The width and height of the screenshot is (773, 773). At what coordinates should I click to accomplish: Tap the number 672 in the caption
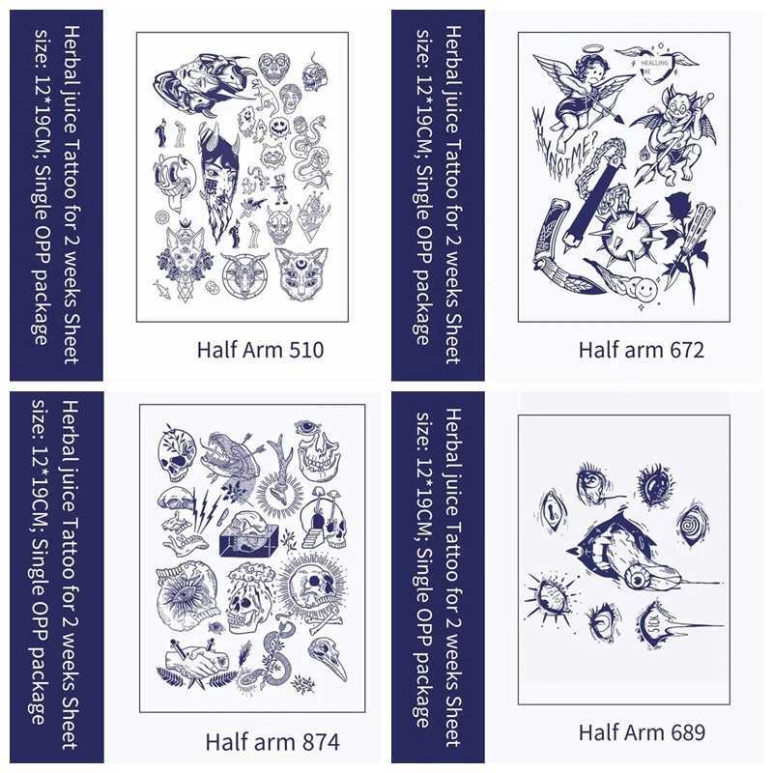[x=686, y=349]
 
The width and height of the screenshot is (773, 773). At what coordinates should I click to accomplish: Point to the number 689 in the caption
[x=685, y=731]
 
